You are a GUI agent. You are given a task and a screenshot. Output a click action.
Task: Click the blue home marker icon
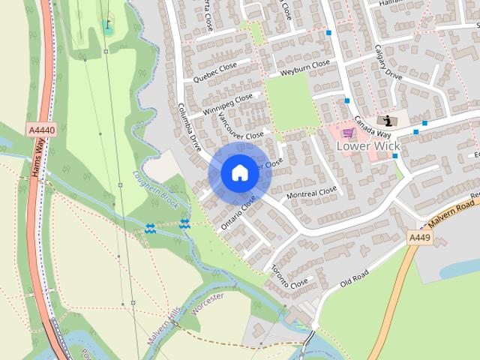click(x=238, y=172)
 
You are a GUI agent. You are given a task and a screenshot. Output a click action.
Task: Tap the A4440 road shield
click(x=40, y=130)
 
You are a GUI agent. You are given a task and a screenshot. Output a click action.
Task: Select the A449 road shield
click(x=421, y=237)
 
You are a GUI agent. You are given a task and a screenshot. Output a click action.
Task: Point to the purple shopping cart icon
click(x=348, y=133)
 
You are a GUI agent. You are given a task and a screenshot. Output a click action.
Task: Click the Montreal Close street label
click(x=313, y=193)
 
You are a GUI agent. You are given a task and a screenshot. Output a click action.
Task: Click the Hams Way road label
click(x=38, y=157)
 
